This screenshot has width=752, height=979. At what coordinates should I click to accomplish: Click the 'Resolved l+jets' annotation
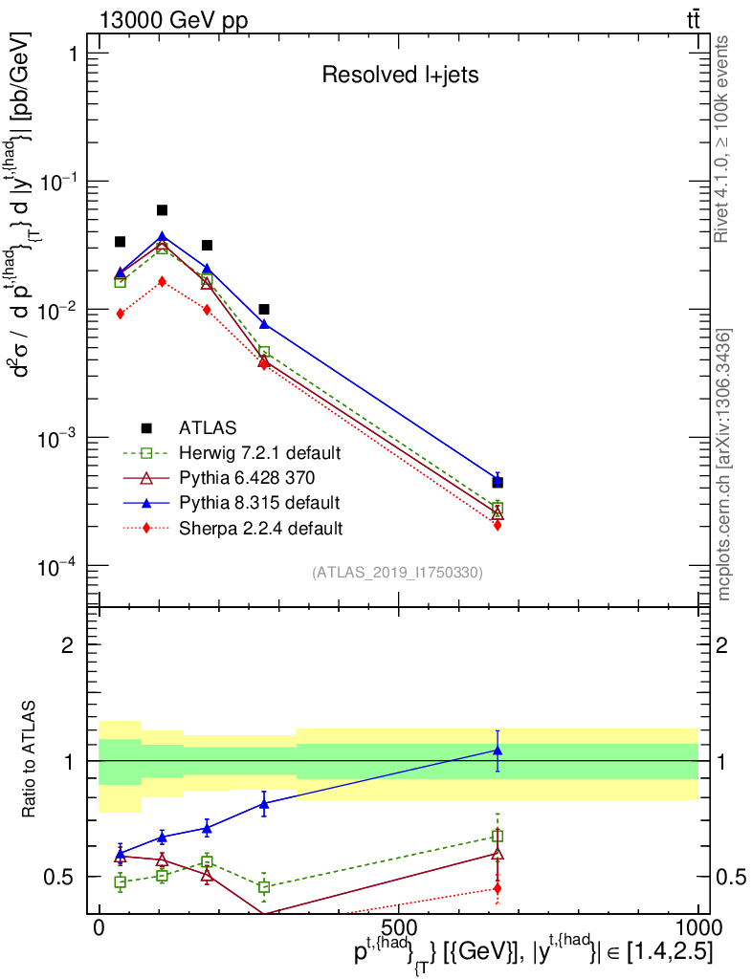tap(399, 75)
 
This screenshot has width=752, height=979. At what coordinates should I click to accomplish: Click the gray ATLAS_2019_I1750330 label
tap(397, 573)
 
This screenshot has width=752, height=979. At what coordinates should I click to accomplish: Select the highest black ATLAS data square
tap(163, 210)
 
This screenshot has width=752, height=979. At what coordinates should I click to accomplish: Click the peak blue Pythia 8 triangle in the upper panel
tap(163, 236)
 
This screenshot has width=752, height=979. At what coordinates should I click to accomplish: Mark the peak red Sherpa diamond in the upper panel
tap(163, 281)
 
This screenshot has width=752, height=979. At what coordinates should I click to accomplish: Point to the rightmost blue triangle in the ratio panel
tap(498, 751)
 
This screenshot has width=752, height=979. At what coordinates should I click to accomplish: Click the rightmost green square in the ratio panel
tap(498, 836)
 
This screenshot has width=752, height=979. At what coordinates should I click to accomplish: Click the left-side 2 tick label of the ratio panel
tap(68, 645)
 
